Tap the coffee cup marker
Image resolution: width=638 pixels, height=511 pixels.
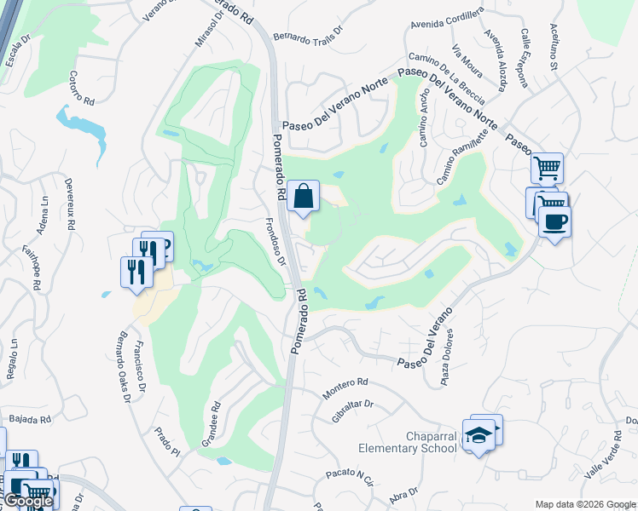click(554, 223)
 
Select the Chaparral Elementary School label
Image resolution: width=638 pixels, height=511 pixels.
click(408, 442)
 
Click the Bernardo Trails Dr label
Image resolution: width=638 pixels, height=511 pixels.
click(308, 32)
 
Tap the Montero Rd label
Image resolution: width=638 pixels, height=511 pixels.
click(345, 388)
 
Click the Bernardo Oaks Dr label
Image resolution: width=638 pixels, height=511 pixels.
click(125, 359)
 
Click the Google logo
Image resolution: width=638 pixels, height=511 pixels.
click(27, 501)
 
